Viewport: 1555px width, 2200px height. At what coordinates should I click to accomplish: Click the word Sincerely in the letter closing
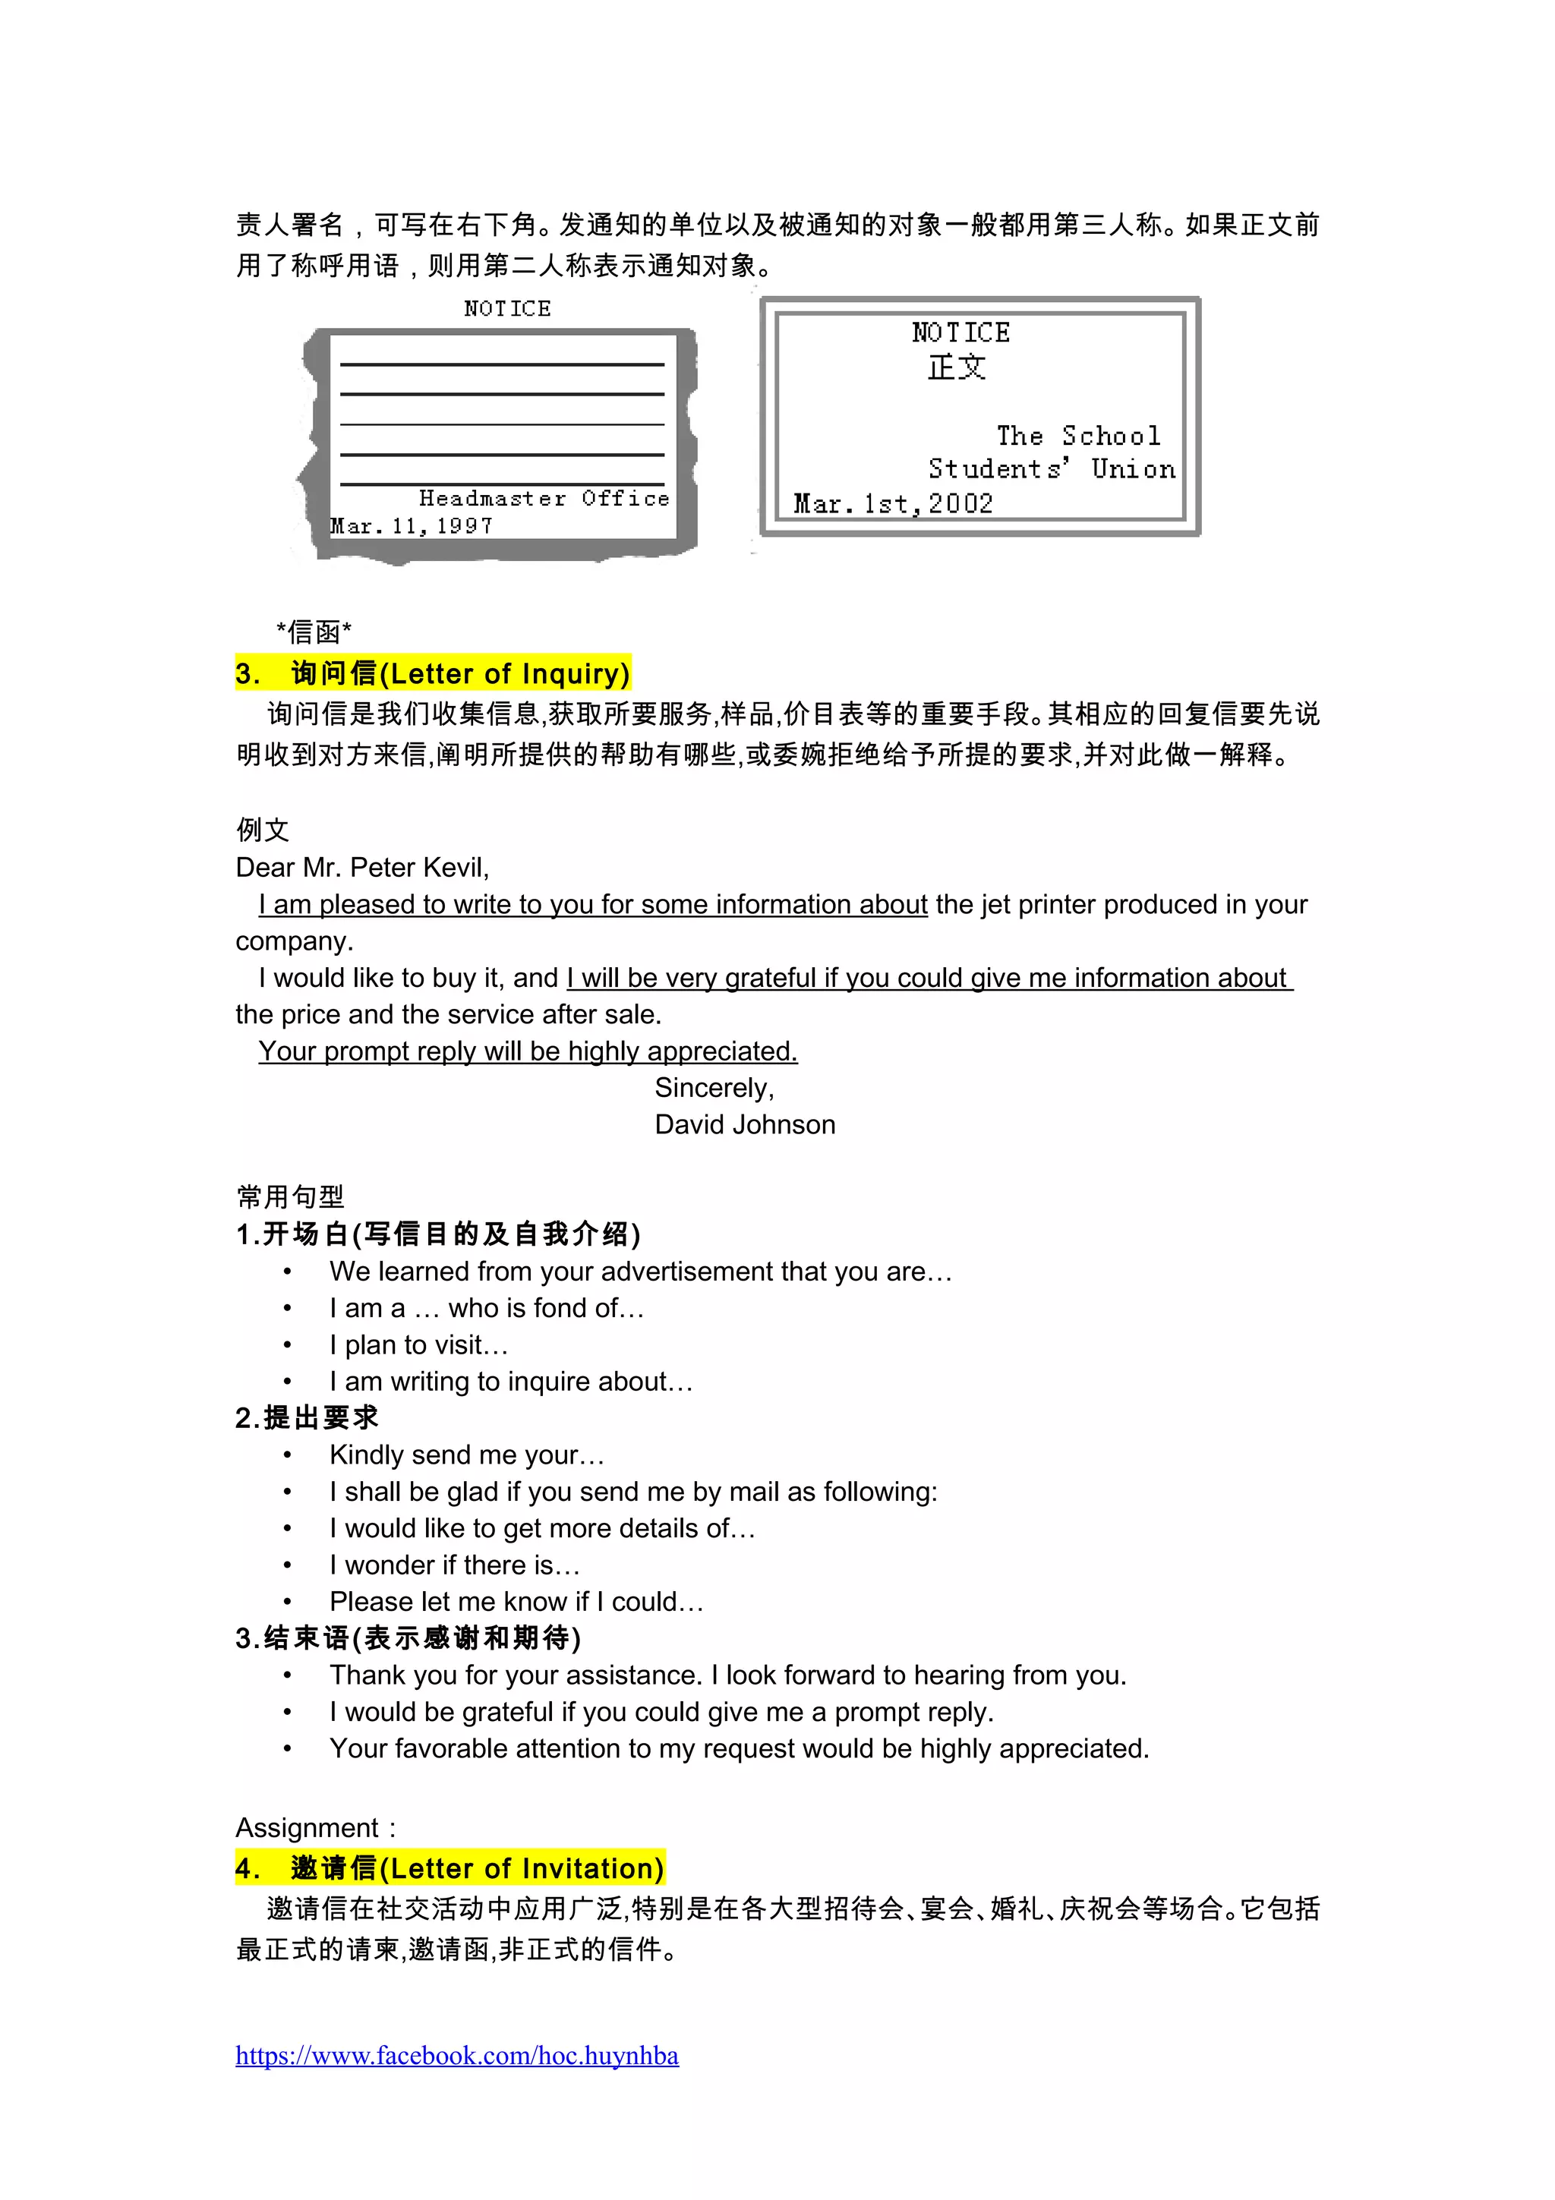714,1088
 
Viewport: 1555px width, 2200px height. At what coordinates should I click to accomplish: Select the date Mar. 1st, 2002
893,504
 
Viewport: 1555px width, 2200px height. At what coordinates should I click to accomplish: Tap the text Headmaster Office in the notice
543,498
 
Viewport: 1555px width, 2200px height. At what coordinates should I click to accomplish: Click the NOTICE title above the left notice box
507,308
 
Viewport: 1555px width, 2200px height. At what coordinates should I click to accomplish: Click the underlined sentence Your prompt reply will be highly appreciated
527,1051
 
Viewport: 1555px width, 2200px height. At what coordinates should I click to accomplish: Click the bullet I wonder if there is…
454,1565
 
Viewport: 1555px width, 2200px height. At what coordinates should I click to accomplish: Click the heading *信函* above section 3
314,632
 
